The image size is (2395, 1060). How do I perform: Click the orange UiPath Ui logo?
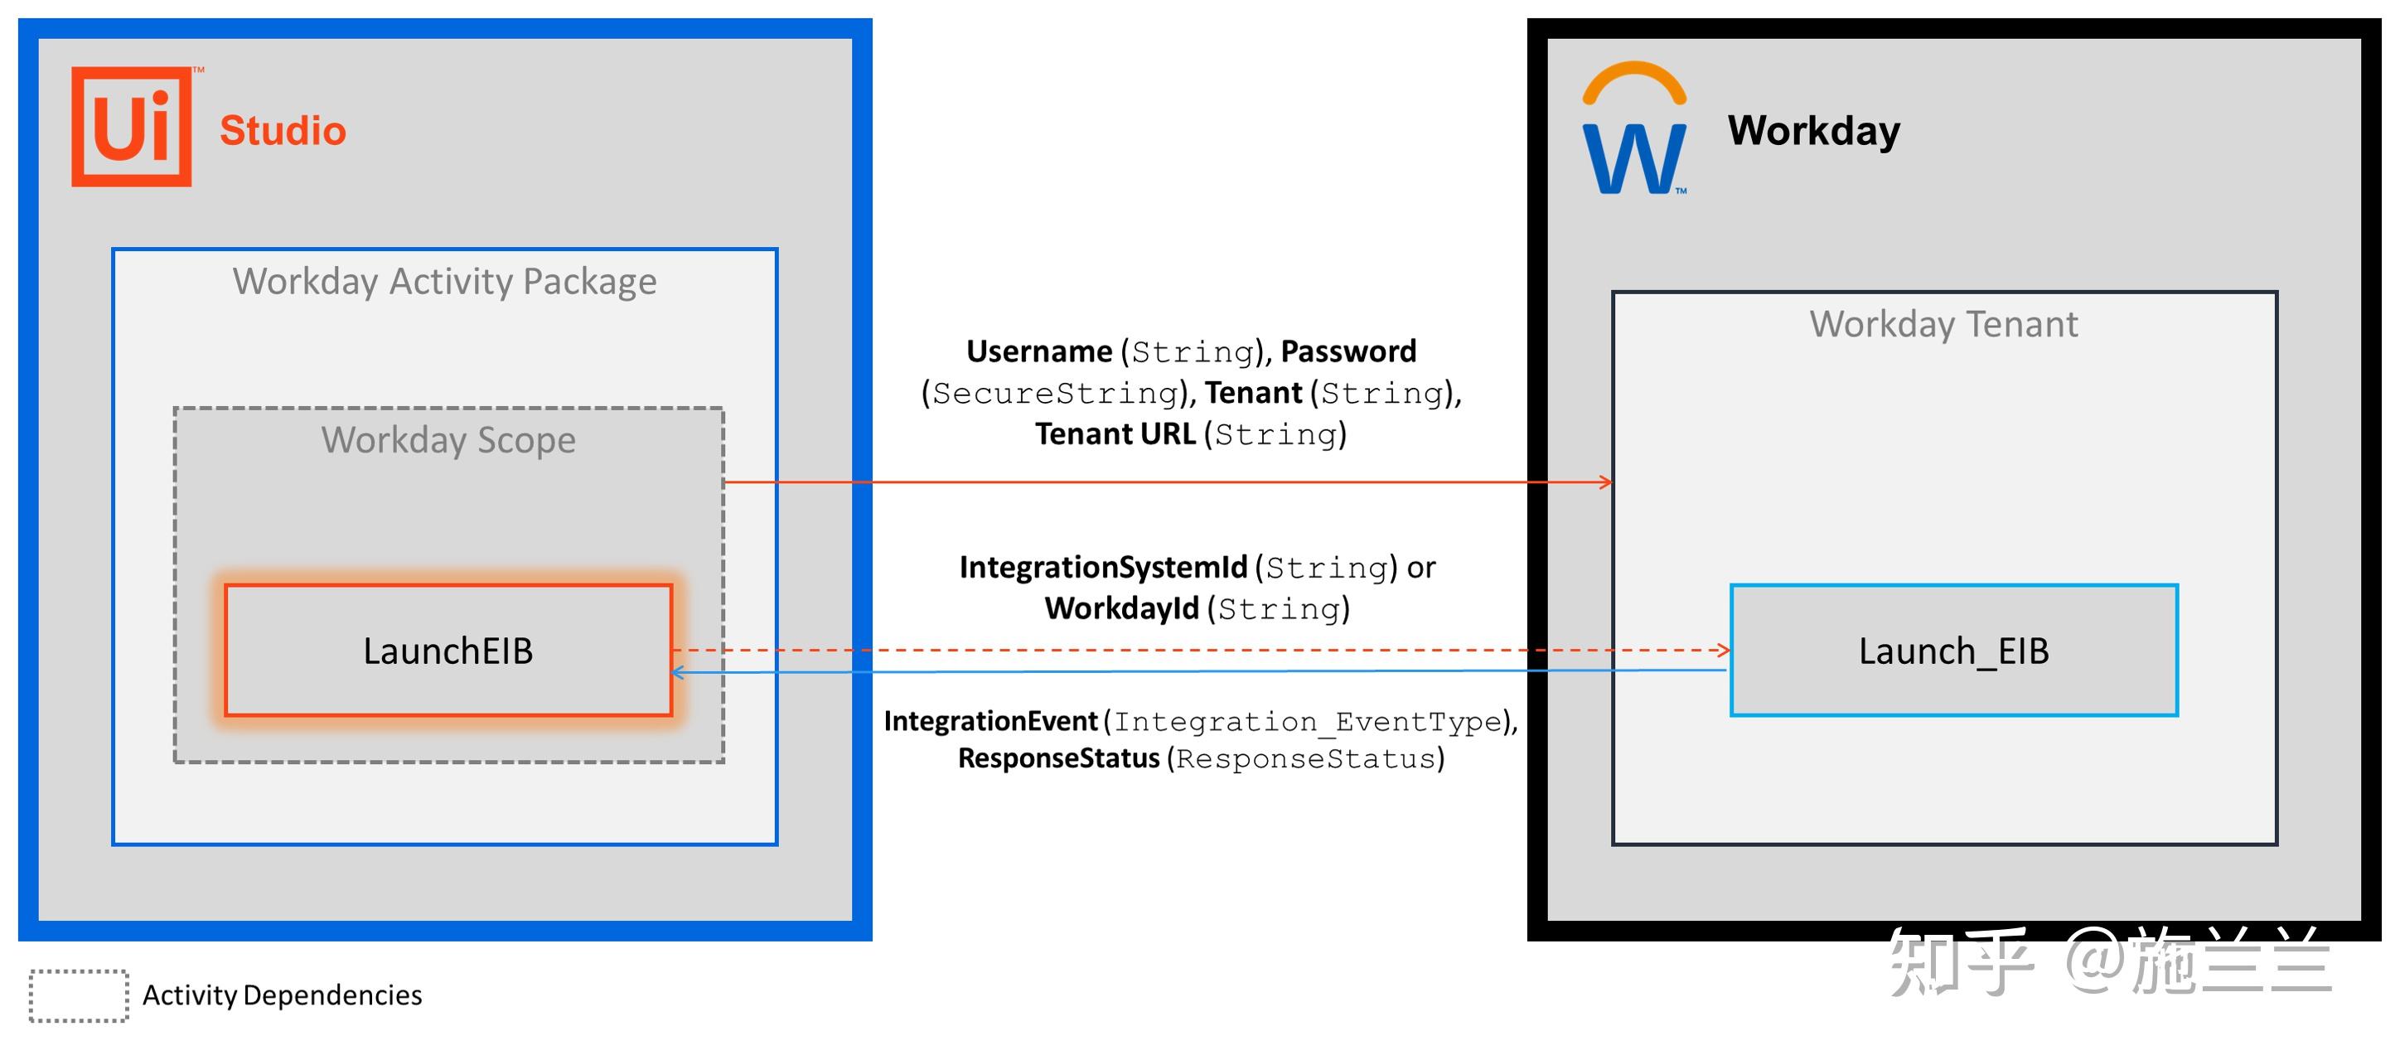click(x=132, y=127)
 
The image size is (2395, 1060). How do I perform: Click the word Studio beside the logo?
click(x=283, y=131)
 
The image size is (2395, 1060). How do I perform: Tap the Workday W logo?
click(x=1633, y=130)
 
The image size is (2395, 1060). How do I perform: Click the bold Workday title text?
click(x=1813, y=130)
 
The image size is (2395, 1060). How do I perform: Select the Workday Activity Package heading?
click(x=444, y=282)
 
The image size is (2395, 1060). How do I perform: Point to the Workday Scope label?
click(x=448, y=440)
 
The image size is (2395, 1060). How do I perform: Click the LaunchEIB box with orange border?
click(x=448, y=651)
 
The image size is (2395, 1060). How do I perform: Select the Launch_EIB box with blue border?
click(x=1953, y=651)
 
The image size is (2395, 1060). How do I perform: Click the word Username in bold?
click(x=1038, y=351)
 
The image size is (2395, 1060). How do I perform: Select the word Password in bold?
click(x=1348, y=351)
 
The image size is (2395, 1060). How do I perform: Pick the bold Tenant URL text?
click(x=1115, y=434)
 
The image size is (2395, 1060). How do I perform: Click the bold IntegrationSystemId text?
click(x=1103, y=567)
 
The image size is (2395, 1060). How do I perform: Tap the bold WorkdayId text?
click(x=1121, y=609)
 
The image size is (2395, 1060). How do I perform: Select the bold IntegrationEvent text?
click(x=990, y=722)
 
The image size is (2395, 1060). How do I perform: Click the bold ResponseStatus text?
click(x=1058, y=758)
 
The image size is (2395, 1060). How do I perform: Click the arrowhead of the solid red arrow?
click(x=1606, y=482)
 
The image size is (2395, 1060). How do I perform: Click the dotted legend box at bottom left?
click(x=79, y=996)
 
